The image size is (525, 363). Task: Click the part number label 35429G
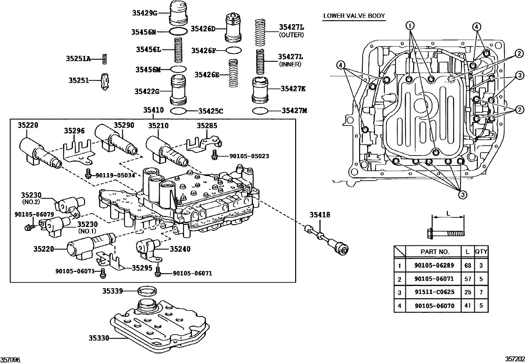(x=145, y=13)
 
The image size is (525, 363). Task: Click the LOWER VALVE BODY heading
(x=354, y=16)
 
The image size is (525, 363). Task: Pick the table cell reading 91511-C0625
(x=434, y=292)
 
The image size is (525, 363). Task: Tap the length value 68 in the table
(x=467, y=265)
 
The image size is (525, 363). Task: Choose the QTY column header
(x=481, y=251)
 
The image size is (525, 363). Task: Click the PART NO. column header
(x=435, y=251)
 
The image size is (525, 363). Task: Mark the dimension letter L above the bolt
(x=448, y=213)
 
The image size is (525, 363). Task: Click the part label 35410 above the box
(x=153, y=110)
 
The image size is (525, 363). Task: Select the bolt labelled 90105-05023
(x=215, y=156)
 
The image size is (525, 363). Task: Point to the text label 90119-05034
(x=115, y=175)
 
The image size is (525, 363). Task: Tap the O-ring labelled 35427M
(x=260, y=111)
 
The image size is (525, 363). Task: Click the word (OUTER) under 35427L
(x=291, y=35)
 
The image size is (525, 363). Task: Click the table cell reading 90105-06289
(x=434, y=265)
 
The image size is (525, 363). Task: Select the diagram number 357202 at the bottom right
(x=515, y=359)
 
